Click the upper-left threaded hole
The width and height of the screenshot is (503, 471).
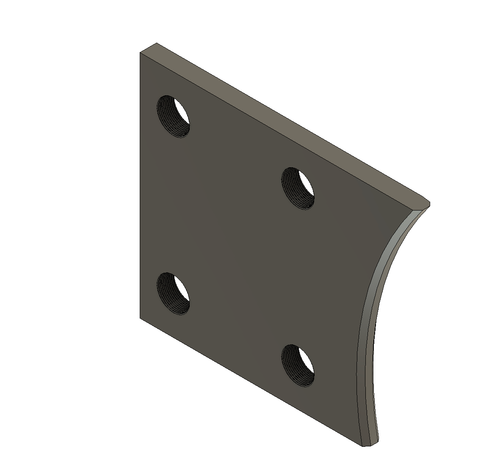(x=173, y=116)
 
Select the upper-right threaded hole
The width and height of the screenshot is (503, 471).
(x=298, y=188)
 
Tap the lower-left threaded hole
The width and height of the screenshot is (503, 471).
(x=173, y=293)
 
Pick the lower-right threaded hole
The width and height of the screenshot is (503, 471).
(x=298, y=365)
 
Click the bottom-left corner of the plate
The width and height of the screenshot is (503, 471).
(x=140, y=317)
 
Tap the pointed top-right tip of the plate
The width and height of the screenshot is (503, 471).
(x=429, y=204)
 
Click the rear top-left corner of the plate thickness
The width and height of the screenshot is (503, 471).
(x=157, y=43)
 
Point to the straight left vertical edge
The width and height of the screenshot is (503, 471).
(x=140, y=186)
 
